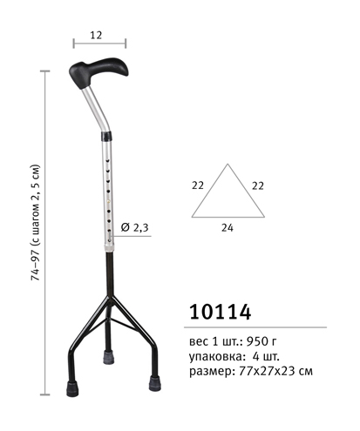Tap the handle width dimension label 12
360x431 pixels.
click(x=96, y=35)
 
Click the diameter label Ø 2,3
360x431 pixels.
click(x=135, y=227)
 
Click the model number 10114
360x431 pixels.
click(x=221, y=313)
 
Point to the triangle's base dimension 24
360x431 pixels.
click(x=228, y=228)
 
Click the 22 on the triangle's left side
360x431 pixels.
click(x=198, y=185)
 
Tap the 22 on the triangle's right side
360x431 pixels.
click(x=258, y=185)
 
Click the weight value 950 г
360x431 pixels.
click(x=262, y=341)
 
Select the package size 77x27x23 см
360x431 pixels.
click(x=275, y=371)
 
